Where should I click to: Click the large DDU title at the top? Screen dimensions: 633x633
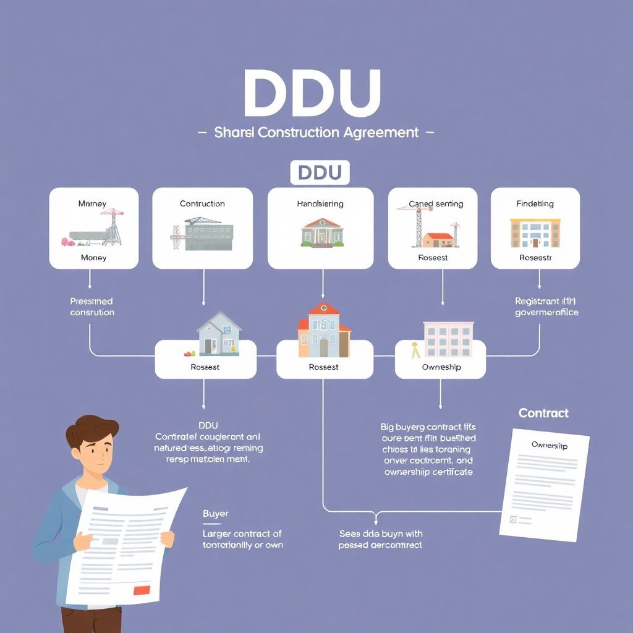tap(312, 93)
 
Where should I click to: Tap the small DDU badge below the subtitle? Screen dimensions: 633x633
tap(320, 172)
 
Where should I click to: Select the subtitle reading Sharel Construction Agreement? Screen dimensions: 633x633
tap(316, 132)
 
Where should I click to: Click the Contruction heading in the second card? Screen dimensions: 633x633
tap(202, 203)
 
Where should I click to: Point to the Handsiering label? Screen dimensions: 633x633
tap(320, 203)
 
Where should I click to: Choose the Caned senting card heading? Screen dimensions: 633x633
tap(436, 203)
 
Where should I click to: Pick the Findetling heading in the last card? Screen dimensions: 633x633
tap(535, 203)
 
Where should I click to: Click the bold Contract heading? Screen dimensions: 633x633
tap(543, 413)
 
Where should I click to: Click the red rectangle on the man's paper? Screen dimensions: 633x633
tap(142, 590)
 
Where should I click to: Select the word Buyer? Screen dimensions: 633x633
tap(216, 514)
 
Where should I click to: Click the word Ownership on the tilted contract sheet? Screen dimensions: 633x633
tap(550, 445)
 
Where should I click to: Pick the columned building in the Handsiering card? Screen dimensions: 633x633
tap(321, 231)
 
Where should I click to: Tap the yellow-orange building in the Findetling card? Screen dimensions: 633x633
tap(535, 232)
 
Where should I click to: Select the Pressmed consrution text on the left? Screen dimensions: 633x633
tap(91, 307)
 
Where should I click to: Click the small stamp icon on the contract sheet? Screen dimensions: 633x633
tap(512, 520)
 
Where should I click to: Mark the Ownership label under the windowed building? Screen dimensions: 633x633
tap(441, 367)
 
